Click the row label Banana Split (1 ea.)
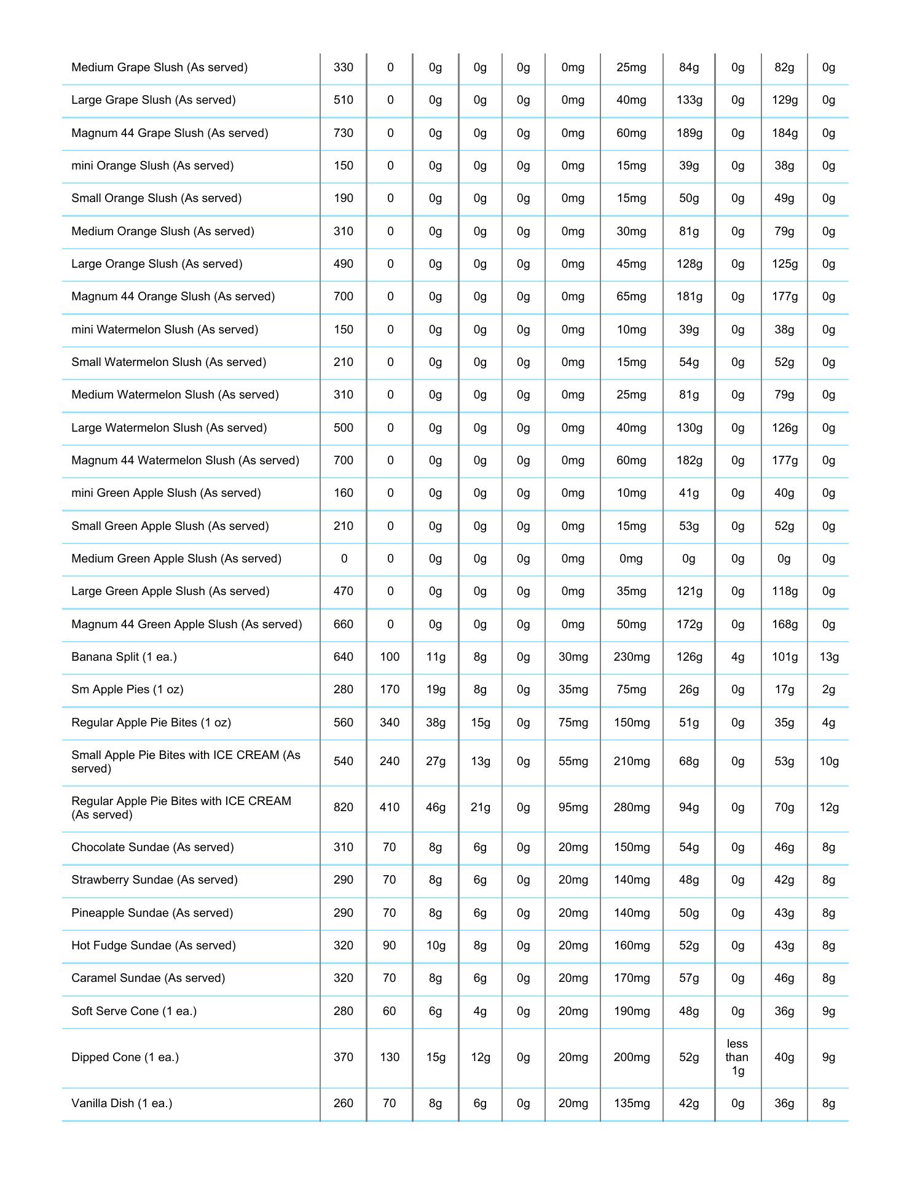[x=124, y=656]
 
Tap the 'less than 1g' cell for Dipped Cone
[x=737, y=1057]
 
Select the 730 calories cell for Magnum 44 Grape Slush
[x=343, y=133]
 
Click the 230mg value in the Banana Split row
[x=631, y=656]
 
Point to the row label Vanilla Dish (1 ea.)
[x=122, y=1103]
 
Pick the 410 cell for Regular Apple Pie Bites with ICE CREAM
[x=390, y=807]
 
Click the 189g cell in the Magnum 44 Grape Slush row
[x=689, y=133]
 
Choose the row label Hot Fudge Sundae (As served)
[x=154, y=945]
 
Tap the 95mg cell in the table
[x=573, y=807]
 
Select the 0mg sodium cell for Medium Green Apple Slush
[x=631, y=558]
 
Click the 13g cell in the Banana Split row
[x=828, y=656]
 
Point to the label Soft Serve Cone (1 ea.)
[x=134, y=1011]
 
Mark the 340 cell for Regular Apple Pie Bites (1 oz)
[x=390, y=722]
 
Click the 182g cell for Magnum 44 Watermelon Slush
[x=689, y=460]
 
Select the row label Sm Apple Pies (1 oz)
[x=127, y=689]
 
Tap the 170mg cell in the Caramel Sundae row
[x=631, y=978]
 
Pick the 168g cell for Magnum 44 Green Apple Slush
[x=784, y=624]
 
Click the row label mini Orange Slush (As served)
[x=152, y=165]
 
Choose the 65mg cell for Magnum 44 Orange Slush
[x=631, y=296]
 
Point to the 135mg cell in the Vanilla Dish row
[x=631, y=1103]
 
